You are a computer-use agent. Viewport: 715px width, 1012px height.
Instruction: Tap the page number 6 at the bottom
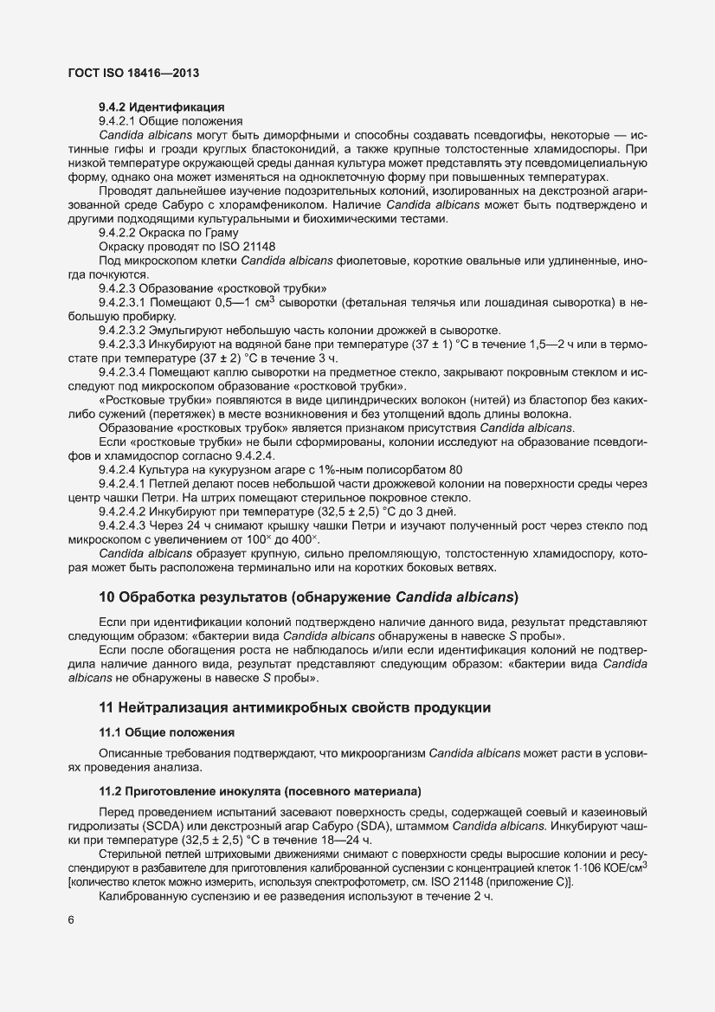point(71,944)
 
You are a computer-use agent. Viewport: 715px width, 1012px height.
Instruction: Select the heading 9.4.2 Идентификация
point(150,107)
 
